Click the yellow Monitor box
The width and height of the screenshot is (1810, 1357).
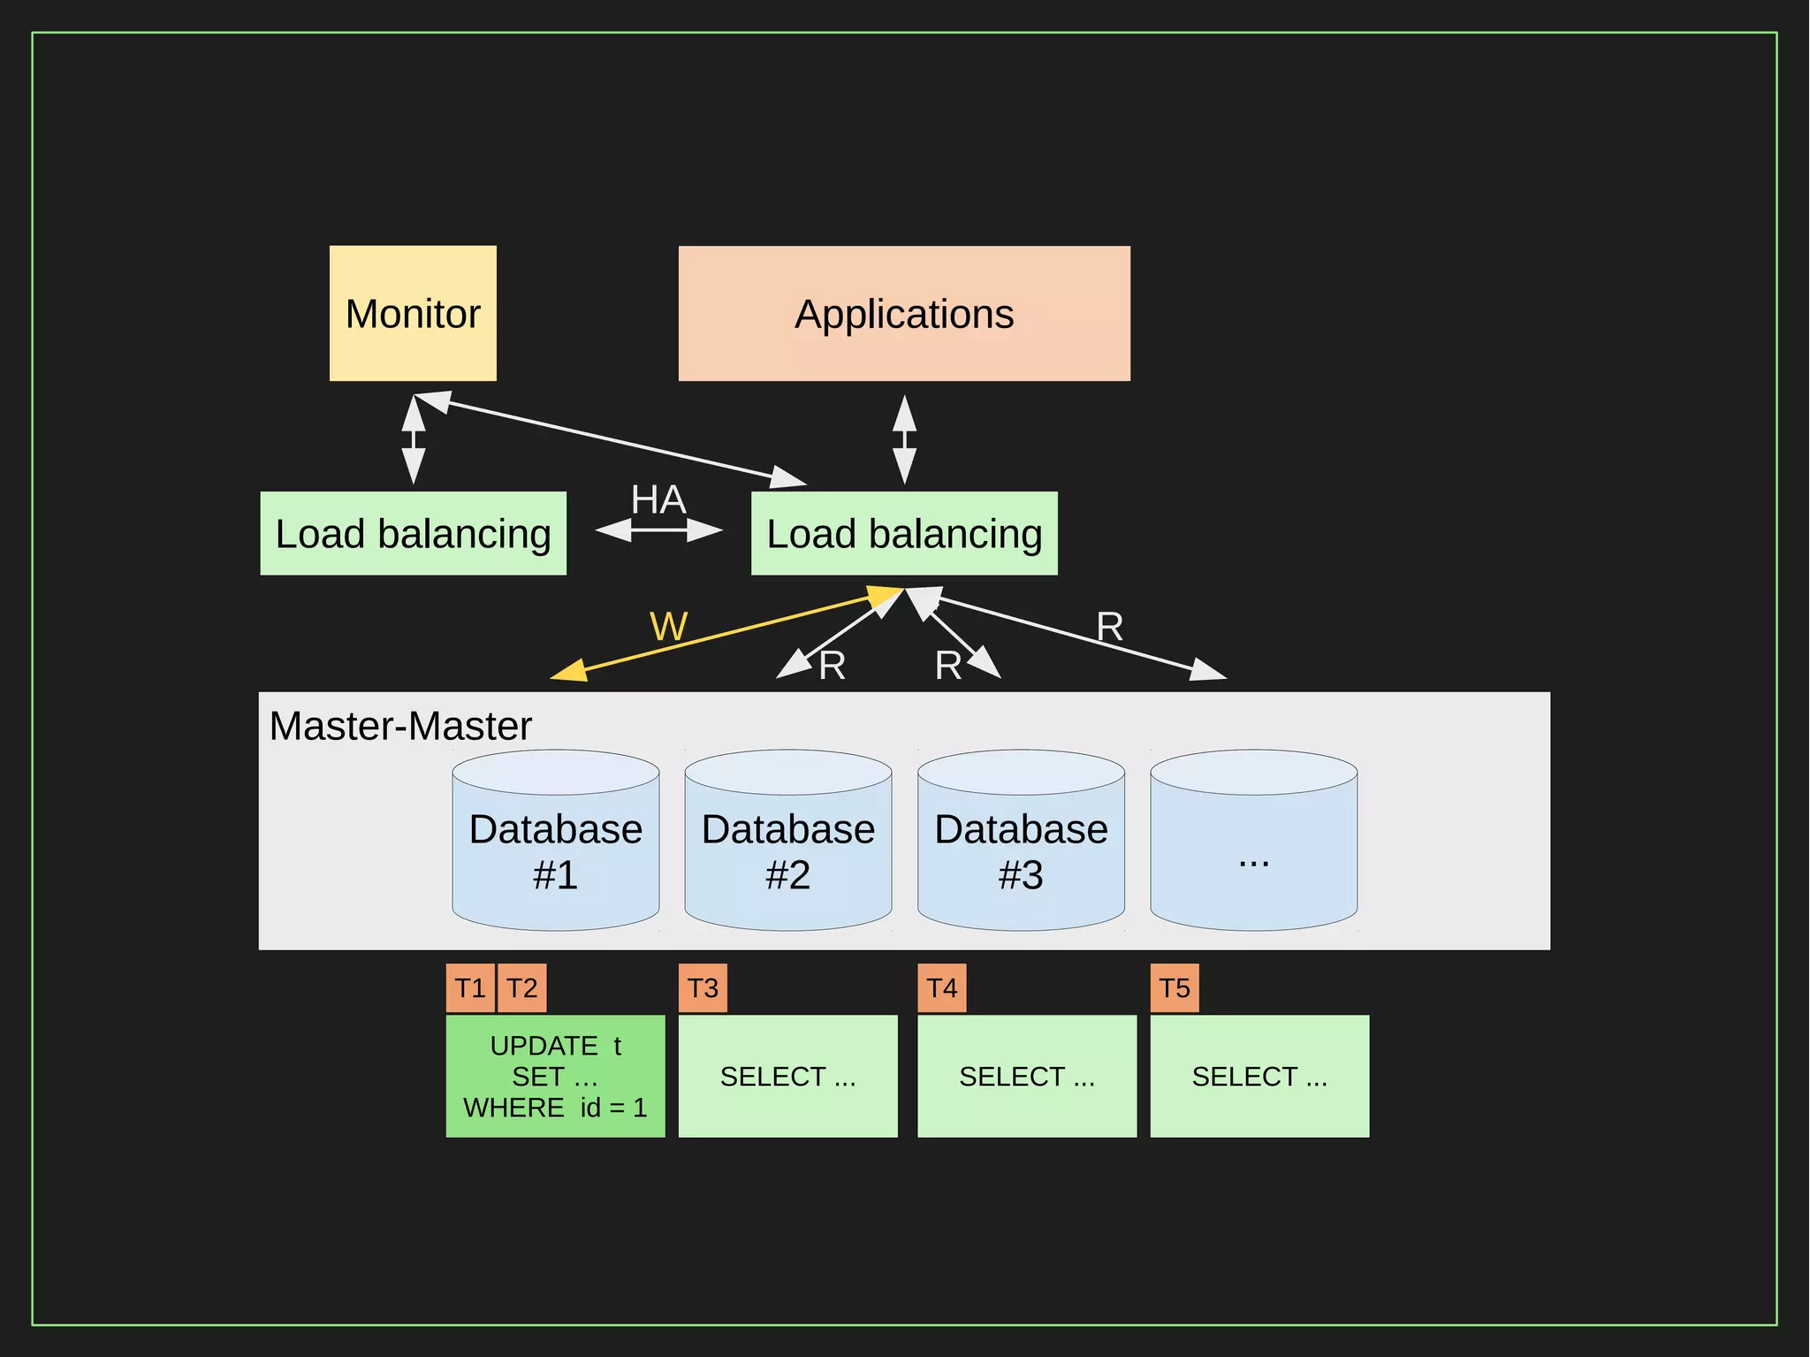413,314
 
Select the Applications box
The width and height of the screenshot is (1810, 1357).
903,314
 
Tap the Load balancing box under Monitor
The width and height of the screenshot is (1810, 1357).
413,533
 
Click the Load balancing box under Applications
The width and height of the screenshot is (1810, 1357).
903,533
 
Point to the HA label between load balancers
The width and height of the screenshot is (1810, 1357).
658,500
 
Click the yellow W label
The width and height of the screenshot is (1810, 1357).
668,627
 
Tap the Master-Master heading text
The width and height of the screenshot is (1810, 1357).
400,726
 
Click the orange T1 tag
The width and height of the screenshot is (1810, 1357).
470,987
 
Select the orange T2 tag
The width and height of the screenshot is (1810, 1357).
521,987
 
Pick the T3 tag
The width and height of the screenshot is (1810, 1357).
703,987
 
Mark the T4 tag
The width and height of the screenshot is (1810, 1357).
941,987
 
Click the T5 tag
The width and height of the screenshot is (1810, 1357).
1174,987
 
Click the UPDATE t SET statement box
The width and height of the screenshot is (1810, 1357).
555,1076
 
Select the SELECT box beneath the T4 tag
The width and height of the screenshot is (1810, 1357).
1026,1076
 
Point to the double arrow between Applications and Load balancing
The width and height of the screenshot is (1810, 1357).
903,439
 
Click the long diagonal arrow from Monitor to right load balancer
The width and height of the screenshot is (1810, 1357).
610,439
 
